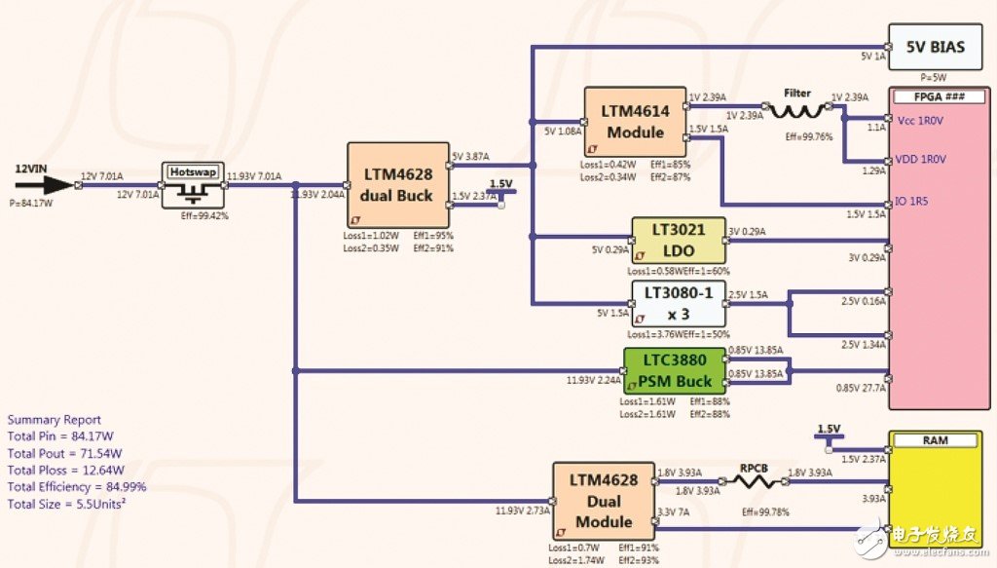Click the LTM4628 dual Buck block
[398, 185]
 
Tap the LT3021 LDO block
[679, 240]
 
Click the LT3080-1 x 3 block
[679, 303]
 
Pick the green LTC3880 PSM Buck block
[675, 370]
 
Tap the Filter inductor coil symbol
[797, 112]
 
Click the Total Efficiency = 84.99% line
[77, 486]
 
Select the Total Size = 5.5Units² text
[69, 503]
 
